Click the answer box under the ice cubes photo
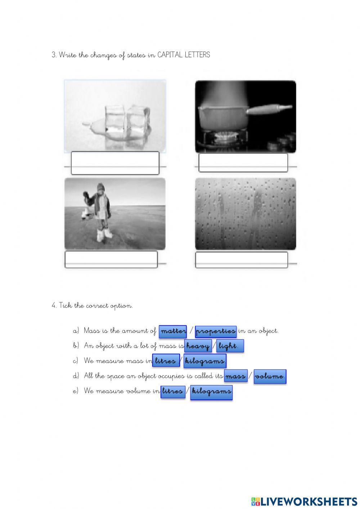point(115,163)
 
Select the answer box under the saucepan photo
point(243,162)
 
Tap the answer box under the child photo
point(111,259)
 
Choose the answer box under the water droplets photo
point(242,260)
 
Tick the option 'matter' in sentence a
point(173,331)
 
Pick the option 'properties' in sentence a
point(216,331)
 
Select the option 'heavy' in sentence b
point(198,346)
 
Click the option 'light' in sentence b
point(230,346)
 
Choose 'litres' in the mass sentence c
point(166,361)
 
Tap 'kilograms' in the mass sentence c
point(205,361)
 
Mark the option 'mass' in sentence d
point(235,376)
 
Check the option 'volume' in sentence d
point(270,376)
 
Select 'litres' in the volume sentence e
point(172,391)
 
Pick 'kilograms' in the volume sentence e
point(211,392)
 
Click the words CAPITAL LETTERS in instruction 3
point(184,55)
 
